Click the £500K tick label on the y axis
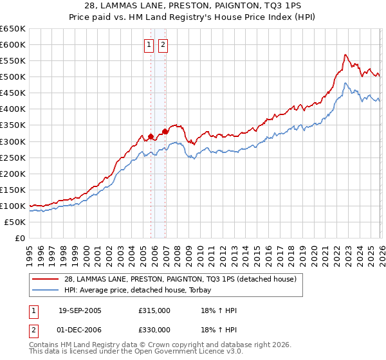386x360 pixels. coord(13,77)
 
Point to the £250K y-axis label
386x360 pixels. coord(13,157)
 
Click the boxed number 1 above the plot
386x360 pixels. coord(149,45)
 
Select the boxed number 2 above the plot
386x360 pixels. coord(162,45)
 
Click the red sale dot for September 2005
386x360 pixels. coord(151,136)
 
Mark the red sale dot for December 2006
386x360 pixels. coord(165,131)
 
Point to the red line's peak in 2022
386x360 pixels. coord(345,55)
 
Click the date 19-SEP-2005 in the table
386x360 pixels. coord(80,310)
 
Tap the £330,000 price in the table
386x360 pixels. coord(154,330)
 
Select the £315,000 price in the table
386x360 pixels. coord(154,310)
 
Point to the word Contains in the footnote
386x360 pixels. coord(44,345)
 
